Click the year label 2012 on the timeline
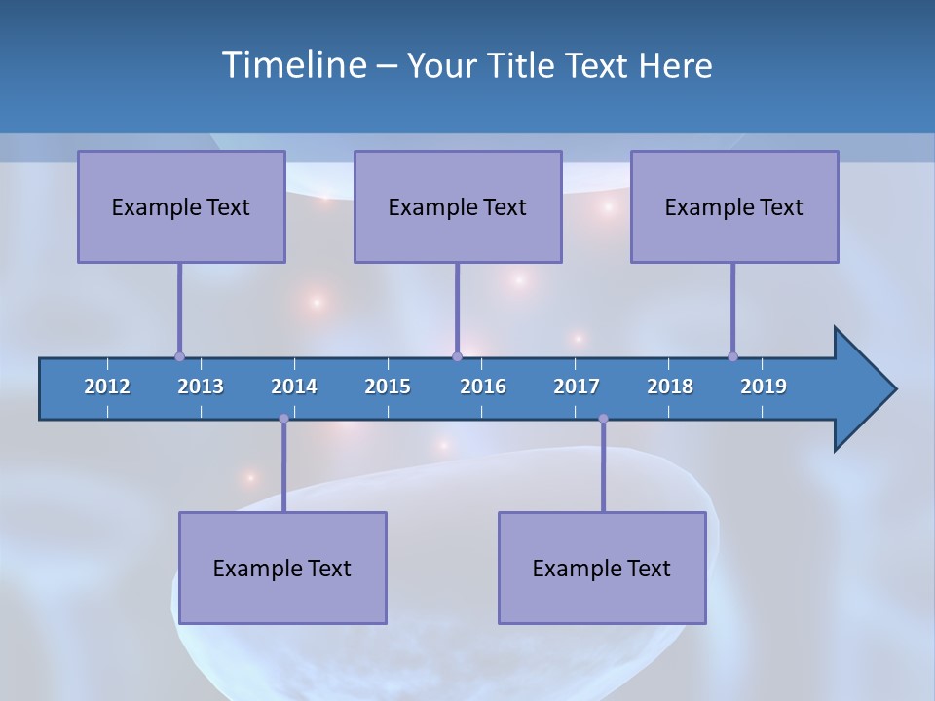tap(107, 387)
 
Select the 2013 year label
tap(201, 387)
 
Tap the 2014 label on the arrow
tap(294, 387)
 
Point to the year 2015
tap(388, 387)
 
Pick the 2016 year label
tap(483, 387)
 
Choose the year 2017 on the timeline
tap(577, 387)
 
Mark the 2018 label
tap(670, 387)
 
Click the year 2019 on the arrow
tap(764, 387)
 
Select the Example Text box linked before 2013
tap(181, 206)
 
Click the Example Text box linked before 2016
tap(458, 206)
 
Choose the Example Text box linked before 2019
tap(734, 206)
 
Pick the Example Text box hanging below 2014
tap(282, 568)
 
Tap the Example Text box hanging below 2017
tap(602, 568)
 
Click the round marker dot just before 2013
tap(179, 356)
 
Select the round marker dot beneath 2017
tap(603, 419)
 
